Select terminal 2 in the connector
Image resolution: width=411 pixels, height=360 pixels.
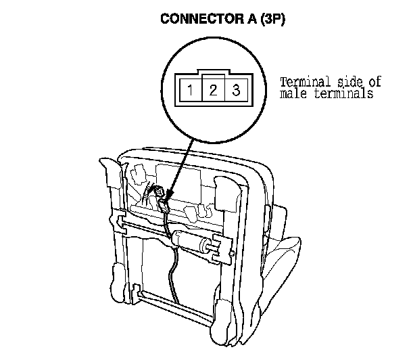213,90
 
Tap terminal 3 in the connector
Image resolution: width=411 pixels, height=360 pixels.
236,90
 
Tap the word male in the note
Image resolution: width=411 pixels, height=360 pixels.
293,94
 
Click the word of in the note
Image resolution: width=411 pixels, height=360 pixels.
374,82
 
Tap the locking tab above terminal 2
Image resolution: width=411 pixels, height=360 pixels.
213,77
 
